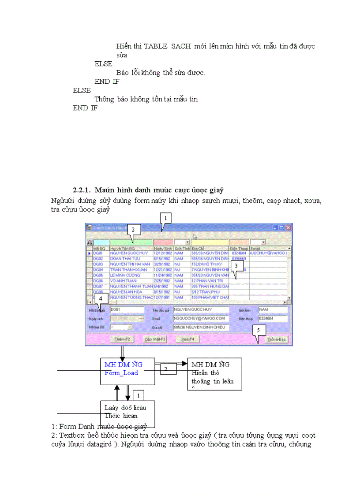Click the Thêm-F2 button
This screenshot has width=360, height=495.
122,339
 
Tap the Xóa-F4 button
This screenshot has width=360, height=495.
187,339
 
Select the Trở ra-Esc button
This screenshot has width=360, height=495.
277,339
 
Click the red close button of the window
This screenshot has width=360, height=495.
288,227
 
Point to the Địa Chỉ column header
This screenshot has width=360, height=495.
209,249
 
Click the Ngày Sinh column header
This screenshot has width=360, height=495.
163,249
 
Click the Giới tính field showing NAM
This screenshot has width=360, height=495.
273,310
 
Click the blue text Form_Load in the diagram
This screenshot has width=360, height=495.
121,373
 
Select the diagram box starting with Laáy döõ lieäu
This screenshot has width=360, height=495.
127,411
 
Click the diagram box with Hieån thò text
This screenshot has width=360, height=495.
215,374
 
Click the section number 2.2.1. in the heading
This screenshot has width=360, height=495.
82,190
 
